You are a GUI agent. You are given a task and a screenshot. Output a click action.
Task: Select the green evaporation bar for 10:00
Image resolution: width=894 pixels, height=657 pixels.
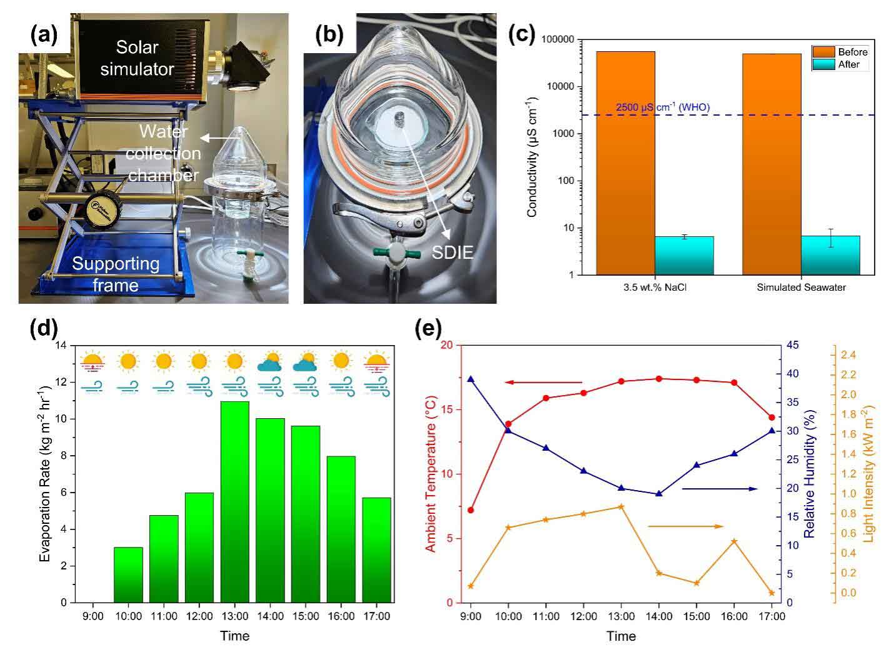point(128,574)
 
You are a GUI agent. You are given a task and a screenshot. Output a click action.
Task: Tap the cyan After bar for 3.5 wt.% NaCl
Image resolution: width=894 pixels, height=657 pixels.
point(684,255)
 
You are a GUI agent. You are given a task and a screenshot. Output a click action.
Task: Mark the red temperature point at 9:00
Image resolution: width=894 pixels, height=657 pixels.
point(471,510)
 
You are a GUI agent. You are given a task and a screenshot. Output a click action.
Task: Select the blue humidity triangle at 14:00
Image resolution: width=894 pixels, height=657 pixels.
point(659,494)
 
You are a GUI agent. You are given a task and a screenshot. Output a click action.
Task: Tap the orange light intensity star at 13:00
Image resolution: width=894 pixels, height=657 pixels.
point(621,506)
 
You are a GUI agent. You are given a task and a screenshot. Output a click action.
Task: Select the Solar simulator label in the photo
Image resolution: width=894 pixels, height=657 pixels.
point(137,58)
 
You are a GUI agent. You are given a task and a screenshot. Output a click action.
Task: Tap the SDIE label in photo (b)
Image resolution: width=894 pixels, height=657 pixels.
point(452,252)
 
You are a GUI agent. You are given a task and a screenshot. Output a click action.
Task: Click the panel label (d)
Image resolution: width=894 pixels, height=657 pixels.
point(44,329)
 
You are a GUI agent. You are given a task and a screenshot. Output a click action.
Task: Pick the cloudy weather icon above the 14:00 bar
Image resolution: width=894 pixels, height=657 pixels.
point(270,362)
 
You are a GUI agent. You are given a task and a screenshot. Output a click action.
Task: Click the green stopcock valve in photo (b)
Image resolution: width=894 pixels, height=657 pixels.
point(394,253)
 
